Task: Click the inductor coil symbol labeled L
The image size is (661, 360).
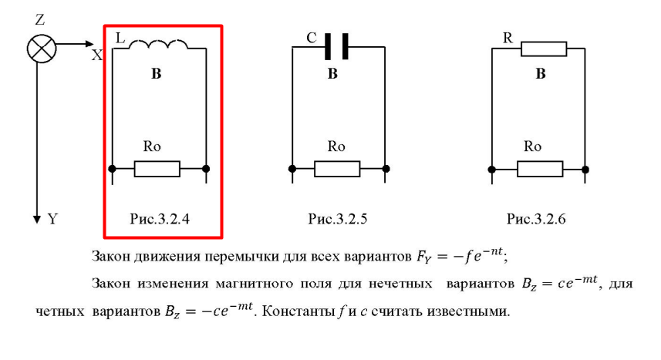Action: click(x=158, y=44)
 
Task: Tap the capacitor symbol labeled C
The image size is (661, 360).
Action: click(x=336, y=46)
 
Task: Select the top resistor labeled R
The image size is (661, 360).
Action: click(x=544, y=49)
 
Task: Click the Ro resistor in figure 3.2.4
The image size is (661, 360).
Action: click(x=157, y=169)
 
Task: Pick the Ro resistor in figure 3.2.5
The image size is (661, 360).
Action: click(x=337, y=169)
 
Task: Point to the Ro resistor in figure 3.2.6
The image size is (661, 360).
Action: click(x=540, y=169)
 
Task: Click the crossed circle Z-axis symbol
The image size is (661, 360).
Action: click(x=42, y=49)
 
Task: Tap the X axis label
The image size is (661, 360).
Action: click(x=97, y=55)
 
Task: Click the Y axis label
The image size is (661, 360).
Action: click(x=52, y=219)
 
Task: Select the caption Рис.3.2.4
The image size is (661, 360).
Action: click(x=160, y=219)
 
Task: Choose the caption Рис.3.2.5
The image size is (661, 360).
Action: click(x=338, y=219)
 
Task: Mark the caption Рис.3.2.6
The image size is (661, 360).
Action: click(x=536, y=219)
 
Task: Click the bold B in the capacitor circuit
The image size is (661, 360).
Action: click(x=332, y=74)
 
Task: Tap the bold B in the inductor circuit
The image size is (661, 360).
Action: click(x=157, y=74)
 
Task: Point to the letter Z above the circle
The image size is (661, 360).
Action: click(x=40, y=20)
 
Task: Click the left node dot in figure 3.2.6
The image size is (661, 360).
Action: click(x=491, y=170)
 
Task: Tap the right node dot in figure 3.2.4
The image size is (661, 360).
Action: click(x=206, y=169)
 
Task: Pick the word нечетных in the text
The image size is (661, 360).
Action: click(x=400, y=284)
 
